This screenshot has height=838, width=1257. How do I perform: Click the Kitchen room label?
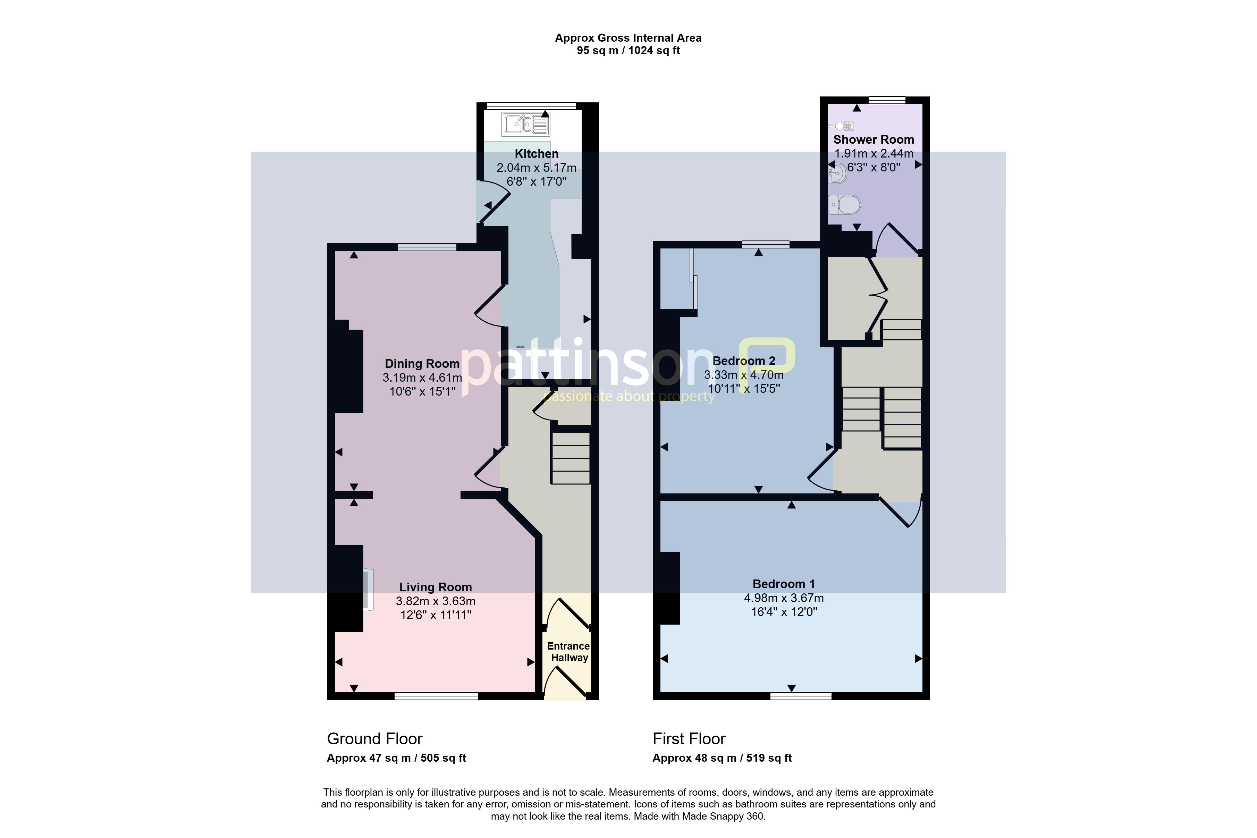coord(536,154)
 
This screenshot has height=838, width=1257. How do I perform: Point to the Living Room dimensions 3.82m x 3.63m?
coord(436,601)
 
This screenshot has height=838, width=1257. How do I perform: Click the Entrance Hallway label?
coord(568,652)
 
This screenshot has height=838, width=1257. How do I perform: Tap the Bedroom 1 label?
coord(784,584)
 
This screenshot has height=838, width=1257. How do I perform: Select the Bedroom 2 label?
coord(743,361)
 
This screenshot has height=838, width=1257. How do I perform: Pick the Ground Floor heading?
coord(375,739)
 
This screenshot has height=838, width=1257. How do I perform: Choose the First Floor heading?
coord(689,739)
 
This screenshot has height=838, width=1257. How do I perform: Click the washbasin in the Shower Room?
coord(837,173)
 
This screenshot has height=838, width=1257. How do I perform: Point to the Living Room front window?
coord(436,696)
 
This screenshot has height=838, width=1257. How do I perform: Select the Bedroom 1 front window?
coord(801,696)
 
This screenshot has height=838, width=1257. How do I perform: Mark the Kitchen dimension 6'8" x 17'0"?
coord(536,182)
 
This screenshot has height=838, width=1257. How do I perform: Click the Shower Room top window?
coord(887,100)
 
